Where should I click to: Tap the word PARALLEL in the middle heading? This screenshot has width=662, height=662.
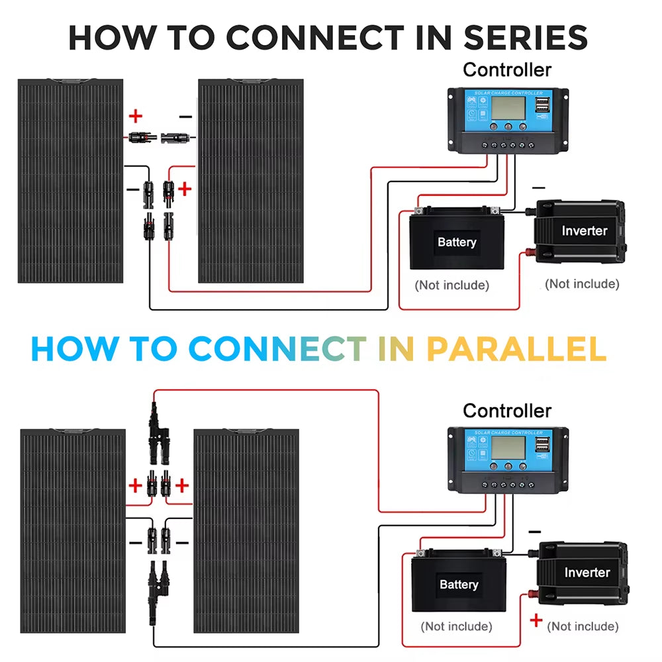pos(516,349)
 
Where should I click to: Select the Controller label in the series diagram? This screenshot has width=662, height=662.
pos(506,70)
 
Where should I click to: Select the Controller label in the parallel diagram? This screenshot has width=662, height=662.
pos(506,410)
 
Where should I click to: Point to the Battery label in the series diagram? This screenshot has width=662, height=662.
pos(457,242)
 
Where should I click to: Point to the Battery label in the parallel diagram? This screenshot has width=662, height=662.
pos(458,585)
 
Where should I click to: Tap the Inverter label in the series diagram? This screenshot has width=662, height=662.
pos(584,230)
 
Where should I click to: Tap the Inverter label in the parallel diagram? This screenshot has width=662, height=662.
pos(587,572)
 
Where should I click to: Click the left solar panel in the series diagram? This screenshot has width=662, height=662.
pos(70,181)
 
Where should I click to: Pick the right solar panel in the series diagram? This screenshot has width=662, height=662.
pos(251,181)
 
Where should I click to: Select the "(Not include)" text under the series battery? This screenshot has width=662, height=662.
pos(452,285)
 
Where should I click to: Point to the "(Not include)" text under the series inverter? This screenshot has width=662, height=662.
pos(582,284)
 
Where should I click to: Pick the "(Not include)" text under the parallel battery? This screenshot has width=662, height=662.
pos(456,626)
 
